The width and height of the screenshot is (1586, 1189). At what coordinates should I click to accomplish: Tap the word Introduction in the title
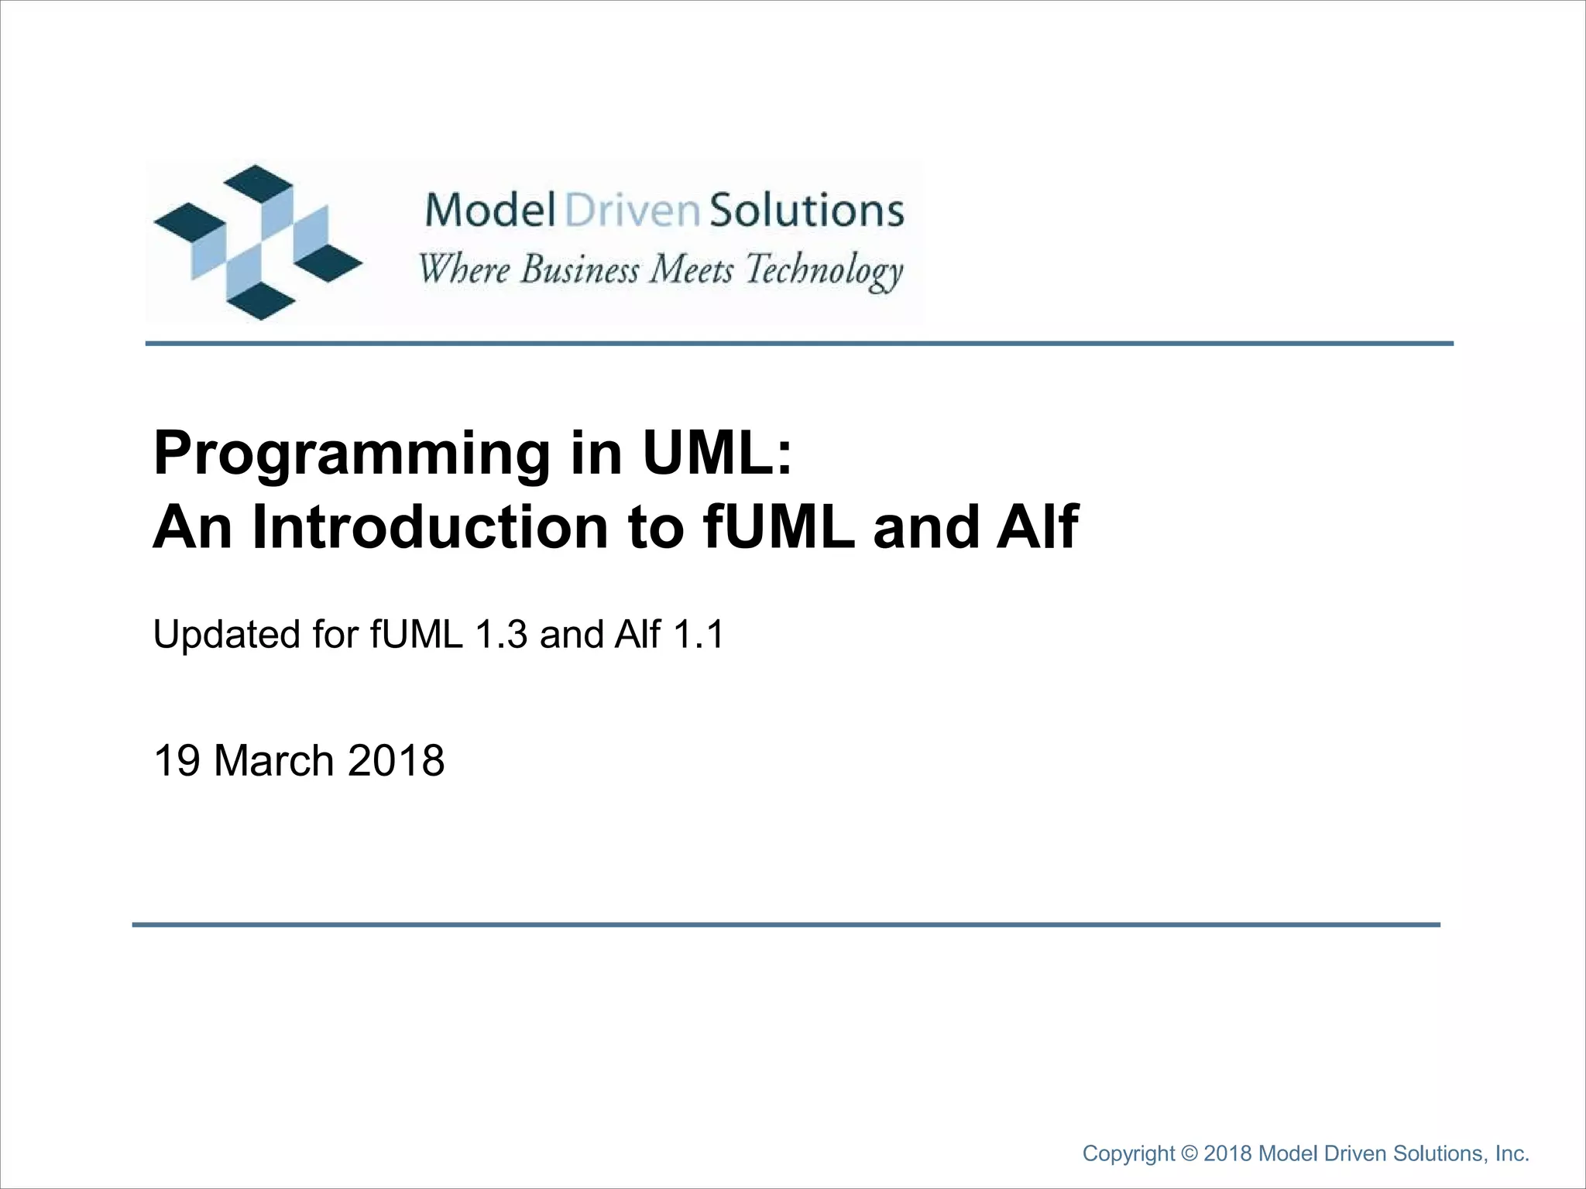point(429,528)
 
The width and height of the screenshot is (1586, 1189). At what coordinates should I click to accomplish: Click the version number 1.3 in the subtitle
point(501,635)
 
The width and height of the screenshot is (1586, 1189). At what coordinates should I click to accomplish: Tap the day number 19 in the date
point(178,760)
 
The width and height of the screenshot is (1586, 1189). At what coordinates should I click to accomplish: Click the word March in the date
point(273,760)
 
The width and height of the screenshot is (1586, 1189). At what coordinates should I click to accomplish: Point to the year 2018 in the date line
point(396,760)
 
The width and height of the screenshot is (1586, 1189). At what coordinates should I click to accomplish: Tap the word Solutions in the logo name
point(806,210)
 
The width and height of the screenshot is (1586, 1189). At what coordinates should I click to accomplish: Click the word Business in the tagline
point(580,270)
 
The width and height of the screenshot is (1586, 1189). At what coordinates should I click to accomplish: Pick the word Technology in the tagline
point(824,272)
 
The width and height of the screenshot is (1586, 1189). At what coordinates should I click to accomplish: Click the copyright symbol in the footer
point(1190,1153)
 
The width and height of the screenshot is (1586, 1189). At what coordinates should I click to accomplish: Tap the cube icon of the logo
point(257,242)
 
